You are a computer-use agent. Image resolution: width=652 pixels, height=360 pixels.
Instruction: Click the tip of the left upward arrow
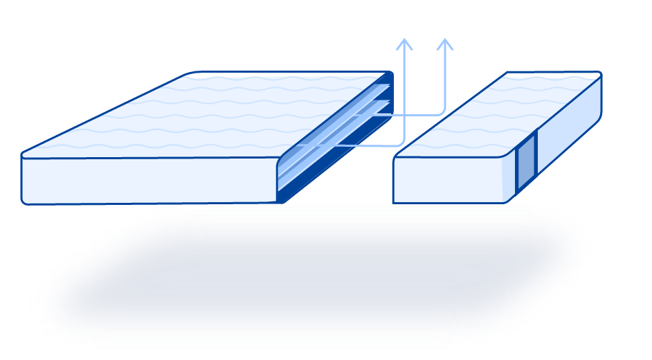404,39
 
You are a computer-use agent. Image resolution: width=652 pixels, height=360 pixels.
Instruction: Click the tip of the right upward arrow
445,39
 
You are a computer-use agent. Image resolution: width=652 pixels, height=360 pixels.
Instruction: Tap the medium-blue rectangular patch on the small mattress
526,163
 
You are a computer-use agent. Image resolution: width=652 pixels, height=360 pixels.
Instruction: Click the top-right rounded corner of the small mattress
599,74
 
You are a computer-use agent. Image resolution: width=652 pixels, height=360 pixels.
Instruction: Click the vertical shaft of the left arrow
404,90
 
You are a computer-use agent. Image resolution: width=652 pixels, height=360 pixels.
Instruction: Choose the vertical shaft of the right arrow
445,76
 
